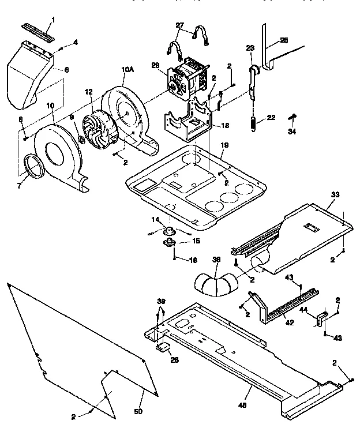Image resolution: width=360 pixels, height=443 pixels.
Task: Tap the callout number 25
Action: coord(284,42)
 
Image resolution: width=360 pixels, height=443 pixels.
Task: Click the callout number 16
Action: coord(194,261)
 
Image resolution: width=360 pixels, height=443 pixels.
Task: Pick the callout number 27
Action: coord(180,25)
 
